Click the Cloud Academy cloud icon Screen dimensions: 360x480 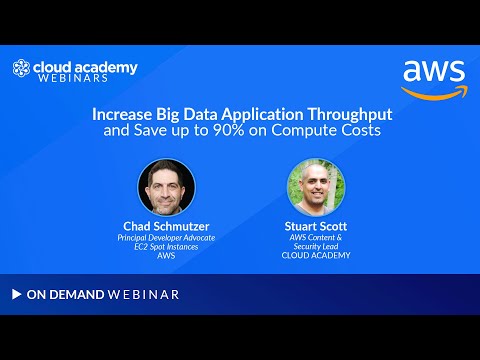(x=21, y=69)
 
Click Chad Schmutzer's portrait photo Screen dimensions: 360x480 (x=166, y=188)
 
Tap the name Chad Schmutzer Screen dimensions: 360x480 (x=166, y=226)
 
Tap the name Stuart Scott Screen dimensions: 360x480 (x=316, y=226)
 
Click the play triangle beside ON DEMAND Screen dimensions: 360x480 (x=16, y=294)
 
